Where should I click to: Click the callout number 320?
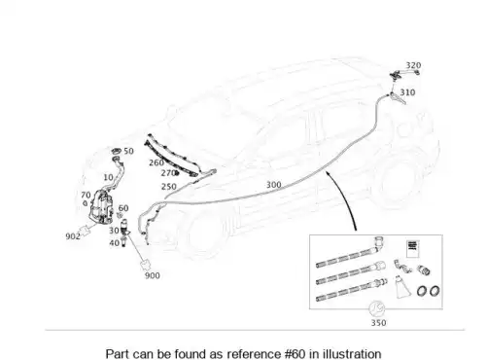[x=413, y=65]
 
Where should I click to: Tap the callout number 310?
[x=407, y=92]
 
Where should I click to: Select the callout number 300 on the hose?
[x=274, y=185]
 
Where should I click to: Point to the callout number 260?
[x=156, y=162]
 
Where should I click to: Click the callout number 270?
[x=168, y=173]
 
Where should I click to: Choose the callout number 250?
[x=169, y=187]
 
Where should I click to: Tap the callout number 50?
[x=128, y=151]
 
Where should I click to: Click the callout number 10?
[x=108, y=177]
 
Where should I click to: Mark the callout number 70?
[x=86, y=195]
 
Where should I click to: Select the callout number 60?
[x=123, y=208]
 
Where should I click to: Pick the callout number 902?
[x=73, y=236]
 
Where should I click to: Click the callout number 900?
[x=153, y=275]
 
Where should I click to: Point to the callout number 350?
[x=378, y=323]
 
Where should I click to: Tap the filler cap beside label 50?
[x=117, y=151]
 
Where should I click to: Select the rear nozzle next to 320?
[x=397, y=75]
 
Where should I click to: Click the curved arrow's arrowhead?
[x=329, y=175]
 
